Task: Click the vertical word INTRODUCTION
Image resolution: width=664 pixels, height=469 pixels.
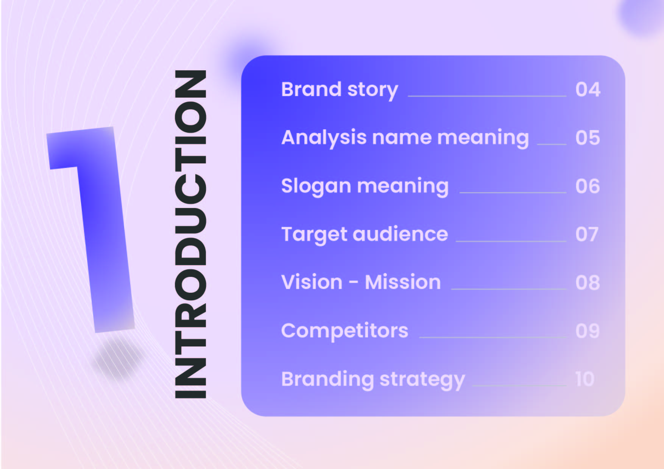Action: coord(190,234)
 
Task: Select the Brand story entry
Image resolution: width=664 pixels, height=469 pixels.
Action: coord(340,90)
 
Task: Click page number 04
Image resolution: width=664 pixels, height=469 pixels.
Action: coord(588,90)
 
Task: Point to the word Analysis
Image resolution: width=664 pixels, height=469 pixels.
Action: coord(324,138)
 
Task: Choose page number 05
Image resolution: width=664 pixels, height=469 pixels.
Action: coord(588,138)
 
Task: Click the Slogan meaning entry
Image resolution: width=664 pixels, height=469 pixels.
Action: coord(365,187)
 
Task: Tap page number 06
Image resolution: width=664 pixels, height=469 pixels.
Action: coord(588,186)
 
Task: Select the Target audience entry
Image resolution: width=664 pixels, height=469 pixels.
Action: coord(365,235)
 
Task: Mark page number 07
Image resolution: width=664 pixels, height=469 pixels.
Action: coord(587,234)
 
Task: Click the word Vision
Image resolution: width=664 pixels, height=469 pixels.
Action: coord(312,282)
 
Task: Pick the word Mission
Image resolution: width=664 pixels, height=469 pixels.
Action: coord(403,282)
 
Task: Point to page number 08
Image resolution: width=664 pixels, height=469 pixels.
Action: coord(588,283)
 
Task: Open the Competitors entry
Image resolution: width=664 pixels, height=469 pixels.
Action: coord(344,331)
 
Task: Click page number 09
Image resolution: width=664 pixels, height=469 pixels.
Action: coord(588,331)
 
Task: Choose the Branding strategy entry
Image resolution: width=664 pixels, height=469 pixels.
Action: coord(373,380)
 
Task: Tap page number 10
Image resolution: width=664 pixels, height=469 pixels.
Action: coord(585,379)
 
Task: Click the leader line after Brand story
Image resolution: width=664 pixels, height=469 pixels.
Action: coord(487,96)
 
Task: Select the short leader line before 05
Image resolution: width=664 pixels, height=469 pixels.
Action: coord(552,144)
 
